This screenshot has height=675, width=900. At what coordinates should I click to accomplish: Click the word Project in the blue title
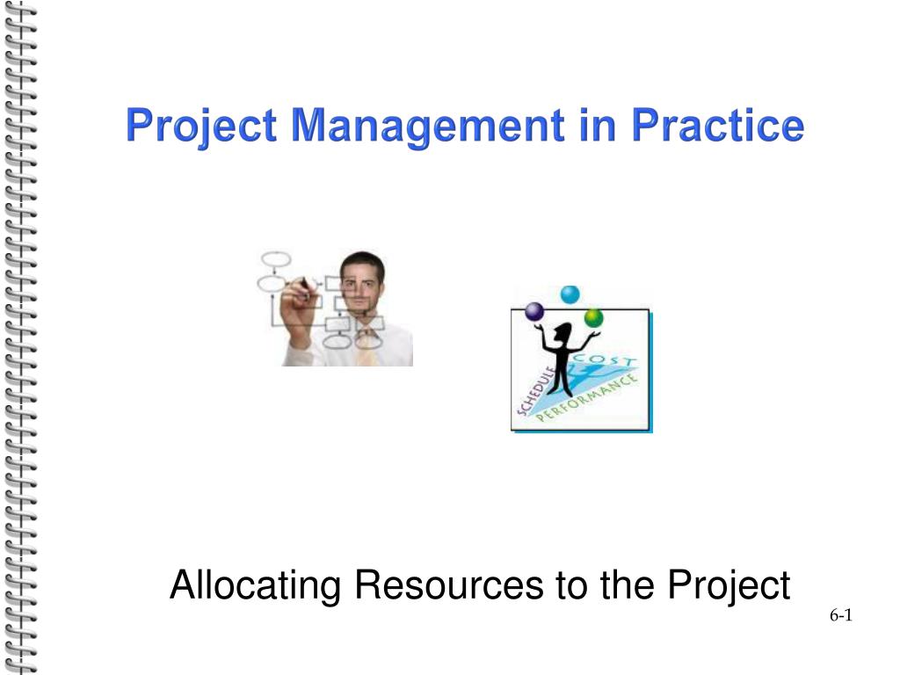click(x=201, y=127)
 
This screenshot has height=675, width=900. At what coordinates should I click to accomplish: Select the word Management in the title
click(x=428, y=126)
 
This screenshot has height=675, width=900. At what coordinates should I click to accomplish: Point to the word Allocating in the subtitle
click(x=256, y=586)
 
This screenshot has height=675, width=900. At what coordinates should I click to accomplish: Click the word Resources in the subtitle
click(x=449, y=584)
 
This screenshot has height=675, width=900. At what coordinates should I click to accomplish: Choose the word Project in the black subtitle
click(x=729, y=586)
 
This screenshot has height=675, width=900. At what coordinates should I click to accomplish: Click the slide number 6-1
click(x=841, y=615)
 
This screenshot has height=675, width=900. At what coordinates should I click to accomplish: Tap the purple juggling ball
click(x=534, y=312)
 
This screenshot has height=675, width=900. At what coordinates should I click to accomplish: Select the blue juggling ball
click(x=570, y=294)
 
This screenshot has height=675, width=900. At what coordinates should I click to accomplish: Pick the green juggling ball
click(x=593, y=318)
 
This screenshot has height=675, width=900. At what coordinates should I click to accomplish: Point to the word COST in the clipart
click(x=606, y=360)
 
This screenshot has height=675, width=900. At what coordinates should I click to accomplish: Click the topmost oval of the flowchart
click(x=276, y=259)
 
